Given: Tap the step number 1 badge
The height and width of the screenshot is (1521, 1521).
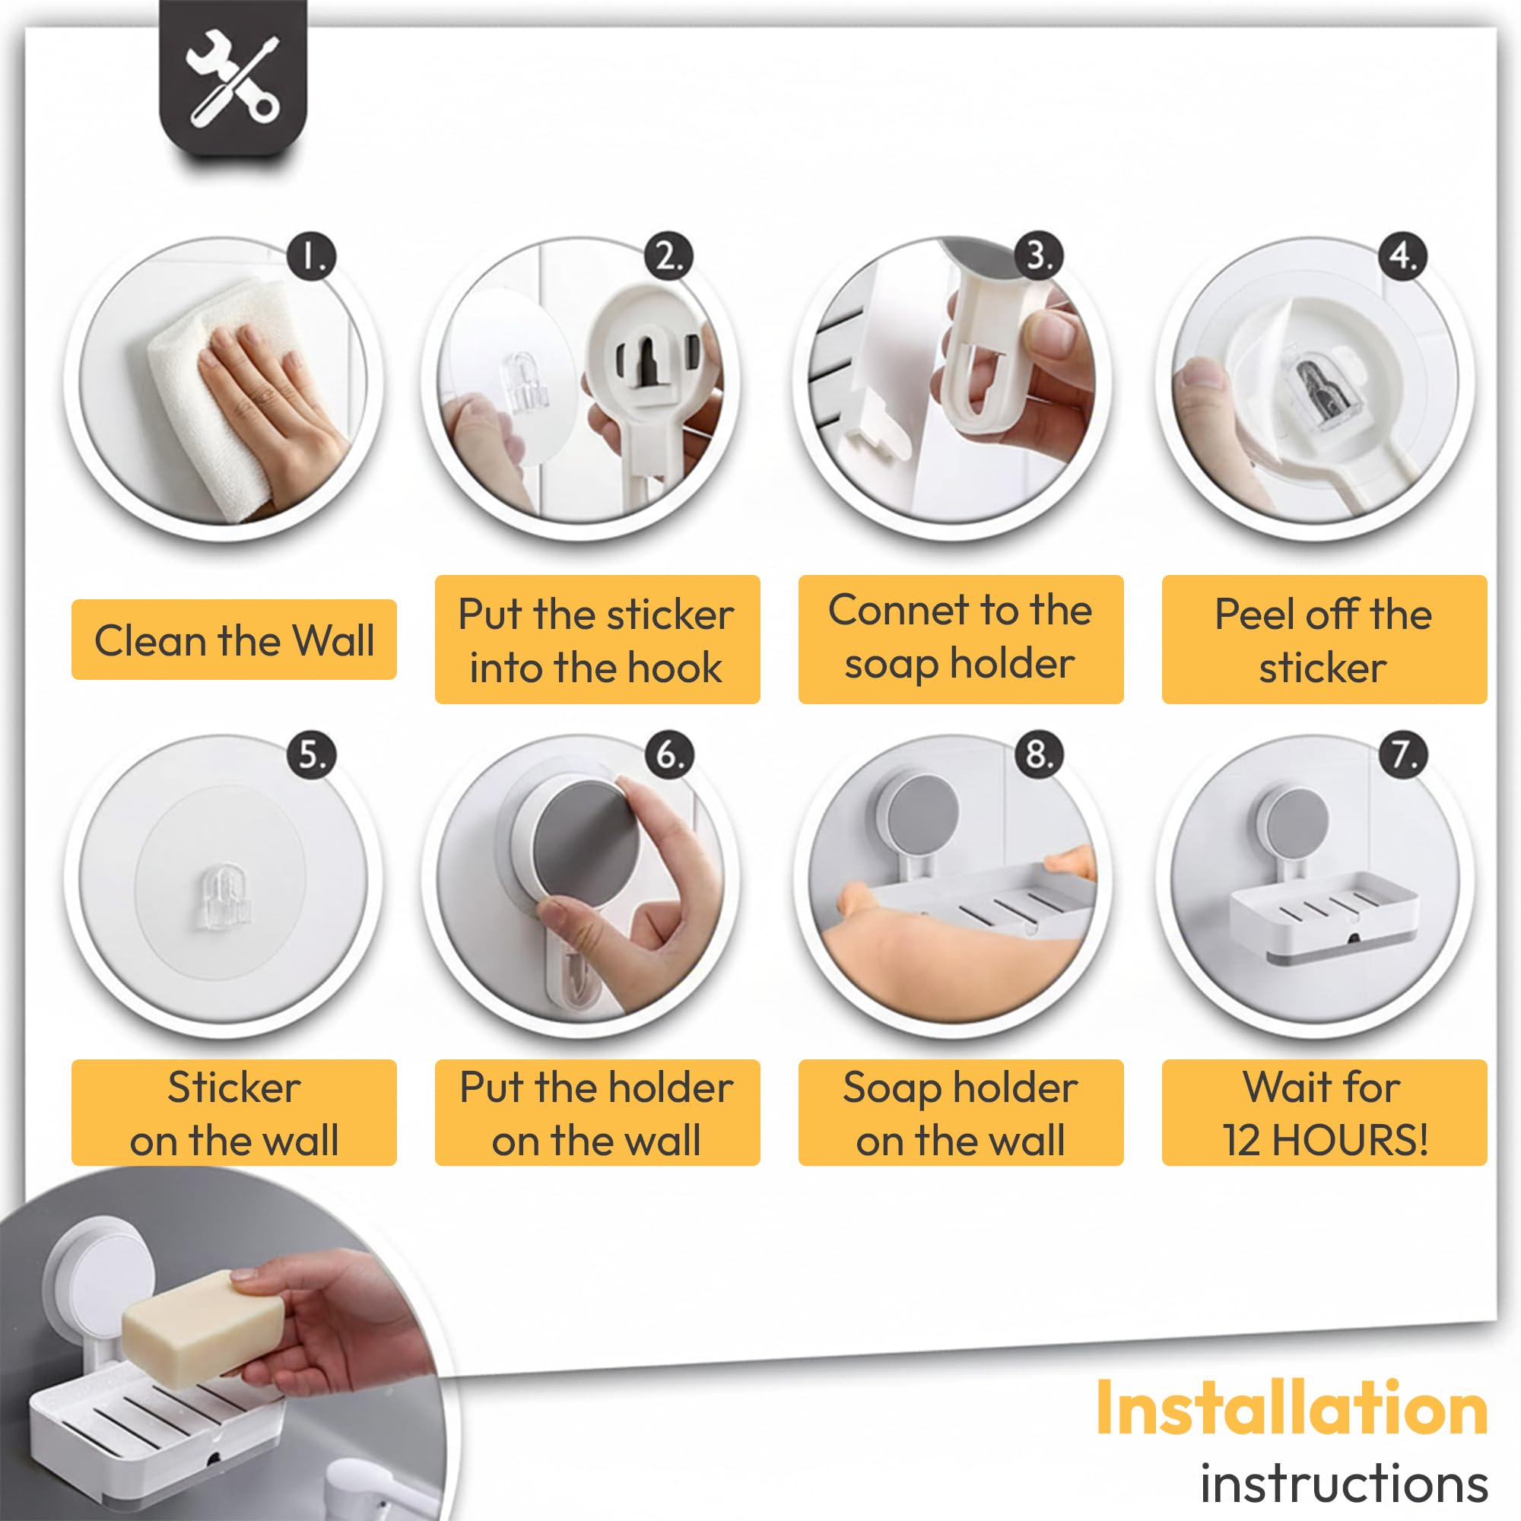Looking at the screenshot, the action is (x=311, y=256).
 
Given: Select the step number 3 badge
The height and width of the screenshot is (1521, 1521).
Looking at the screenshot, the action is (x=1038, y=256).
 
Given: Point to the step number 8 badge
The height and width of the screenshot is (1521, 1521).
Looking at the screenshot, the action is (x=1038, y=754).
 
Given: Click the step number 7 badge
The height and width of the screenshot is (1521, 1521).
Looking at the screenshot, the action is (x=1403, y=754).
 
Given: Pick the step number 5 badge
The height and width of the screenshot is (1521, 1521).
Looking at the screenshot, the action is (x=311, y=754).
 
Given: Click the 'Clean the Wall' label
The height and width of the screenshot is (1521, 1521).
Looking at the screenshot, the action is (x=233, y=640).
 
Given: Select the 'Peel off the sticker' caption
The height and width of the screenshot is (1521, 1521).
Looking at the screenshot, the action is (x=1323, y=640).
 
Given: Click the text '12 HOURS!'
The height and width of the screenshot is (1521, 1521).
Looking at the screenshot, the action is (x=1325, y=1140).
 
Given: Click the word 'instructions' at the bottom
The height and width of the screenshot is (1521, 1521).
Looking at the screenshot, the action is (x=1344, y=1484).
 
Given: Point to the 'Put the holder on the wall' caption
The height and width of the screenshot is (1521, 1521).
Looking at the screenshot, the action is (x=597, y=1113).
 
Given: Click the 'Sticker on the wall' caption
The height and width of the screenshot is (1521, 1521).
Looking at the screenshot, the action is (x=233, y=1113).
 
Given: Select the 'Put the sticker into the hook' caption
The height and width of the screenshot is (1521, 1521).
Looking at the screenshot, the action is (x=597, y=640).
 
